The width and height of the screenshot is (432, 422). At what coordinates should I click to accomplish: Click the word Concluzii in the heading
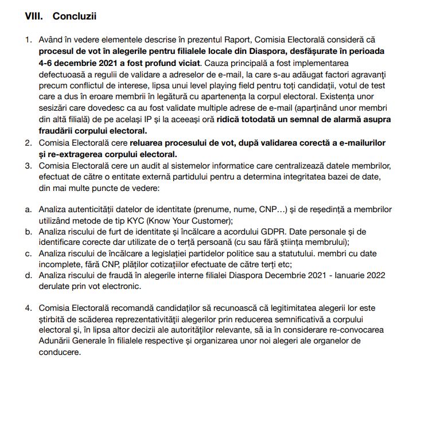coord(74,16)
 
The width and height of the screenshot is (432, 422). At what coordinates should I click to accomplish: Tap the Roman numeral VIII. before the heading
coord(34,16)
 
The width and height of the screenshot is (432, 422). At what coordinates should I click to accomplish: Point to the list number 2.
coord(28,142)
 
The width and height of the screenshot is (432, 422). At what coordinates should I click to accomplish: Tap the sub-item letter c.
coord(28,253)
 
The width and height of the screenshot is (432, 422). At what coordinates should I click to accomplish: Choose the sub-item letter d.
coord(28,275)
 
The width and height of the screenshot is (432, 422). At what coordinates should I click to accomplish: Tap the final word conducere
coord(58,353)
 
